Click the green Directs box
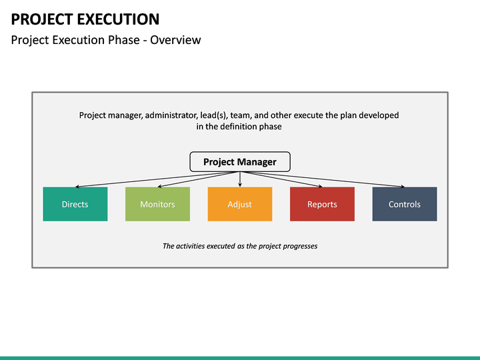point(75,204)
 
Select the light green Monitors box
point(157,204)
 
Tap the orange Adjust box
point(239,204)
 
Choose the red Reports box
point(322,204)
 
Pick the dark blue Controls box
point(405,204)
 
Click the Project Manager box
point(239,162)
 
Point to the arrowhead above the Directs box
point(77,186)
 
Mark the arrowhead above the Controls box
point(402,186)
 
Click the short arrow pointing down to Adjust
point(239,179)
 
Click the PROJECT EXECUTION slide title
point(85,19)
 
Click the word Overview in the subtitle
point(175,40)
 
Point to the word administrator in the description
point(193,115)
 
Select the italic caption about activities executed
point(240,246)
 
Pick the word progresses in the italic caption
point(297,246)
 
